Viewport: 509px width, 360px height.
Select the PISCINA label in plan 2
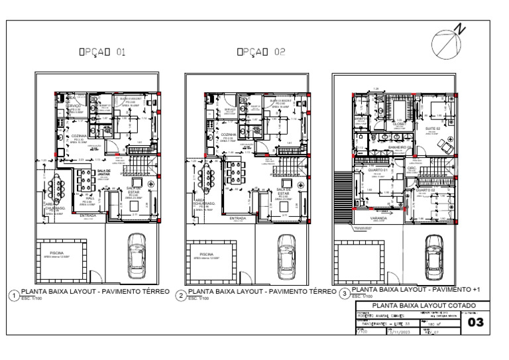pos(207,253)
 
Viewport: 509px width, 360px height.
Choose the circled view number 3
pos(343,293)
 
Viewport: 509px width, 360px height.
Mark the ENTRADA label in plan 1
pos(88,215)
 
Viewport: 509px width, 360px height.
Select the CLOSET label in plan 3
pos(399,123)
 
